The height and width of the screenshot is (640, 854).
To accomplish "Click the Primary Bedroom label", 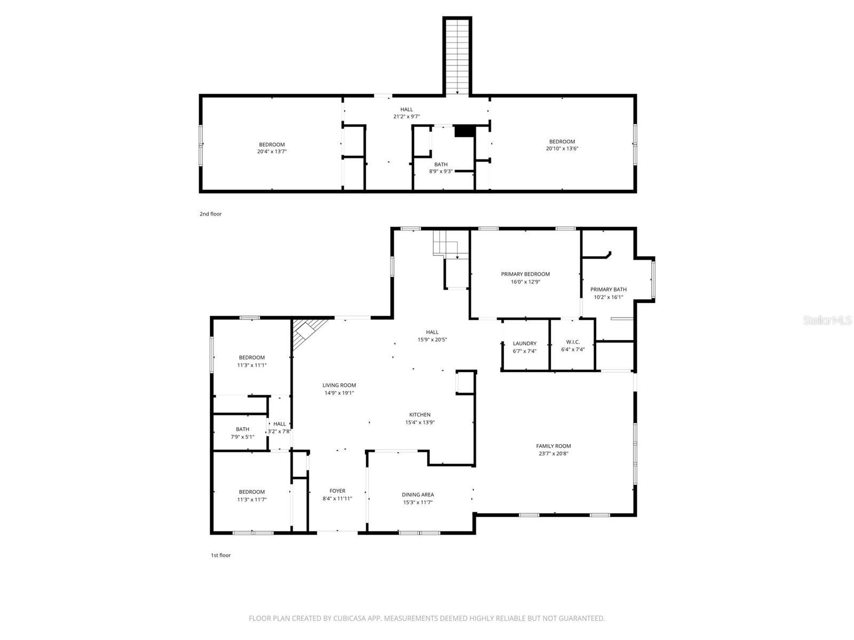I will click(x=525, y=274).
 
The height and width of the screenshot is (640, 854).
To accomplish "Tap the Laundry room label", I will click(x=524, y=343).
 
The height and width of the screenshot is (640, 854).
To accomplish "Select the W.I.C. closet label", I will click(x=573, y=342).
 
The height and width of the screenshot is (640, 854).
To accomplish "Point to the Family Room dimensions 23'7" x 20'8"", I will click(x=553, y=454).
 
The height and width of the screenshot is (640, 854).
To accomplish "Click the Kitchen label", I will click(x=420, y=414).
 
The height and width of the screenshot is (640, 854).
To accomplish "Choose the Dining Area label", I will click(x=417, y=494).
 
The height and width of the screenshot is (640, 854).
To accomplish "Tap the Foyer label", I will click(x=337, y=491).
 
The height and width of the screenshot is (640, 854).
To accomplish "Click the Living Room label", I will click(x=339, y=385).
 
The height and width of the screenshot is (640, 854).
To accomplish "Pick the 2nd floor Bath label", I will click(x=441, y=164).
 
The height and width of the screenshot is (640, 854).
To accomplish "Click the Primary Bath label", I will click(x=608, y=290).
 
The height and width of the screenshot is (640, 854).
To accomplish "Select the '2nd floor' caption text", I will click(x=210, y=214).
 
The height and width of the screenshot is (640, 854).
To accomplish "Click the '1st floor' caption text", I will click(x=220, y=555).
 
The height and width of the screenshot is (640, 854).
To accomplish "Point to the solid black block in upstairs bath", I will click(x=464, y=131).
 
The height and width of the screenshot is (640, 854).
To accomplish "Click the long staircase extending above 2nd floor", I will click(x=457, y=56).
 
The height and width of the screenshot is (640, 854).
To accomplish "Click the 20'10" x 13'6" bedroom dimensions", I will click(x=562, y=149).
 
